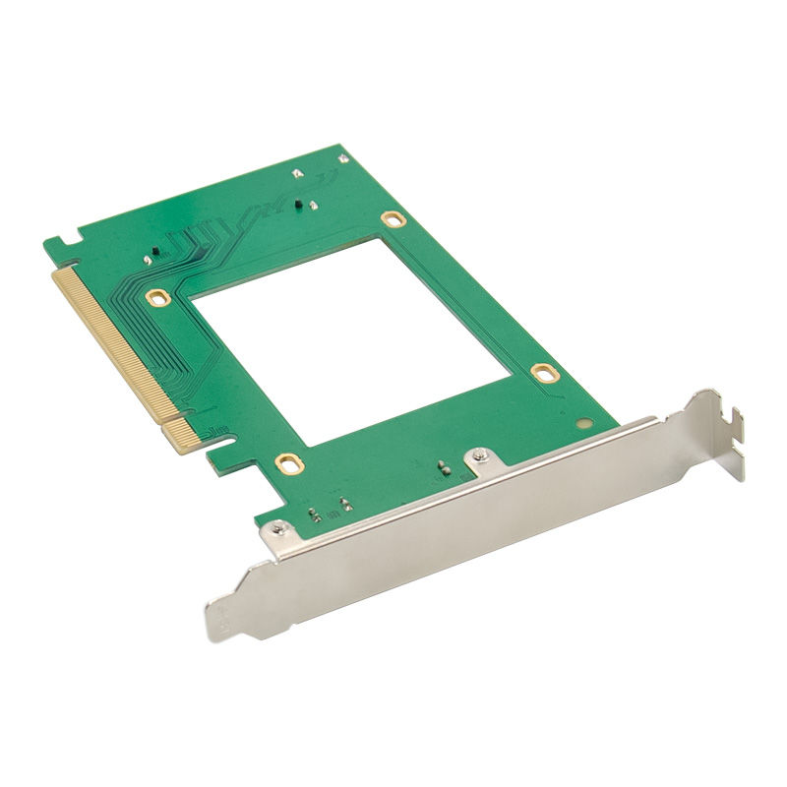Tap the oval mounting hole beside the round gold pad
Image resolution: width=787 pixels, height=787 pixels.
[542, 372]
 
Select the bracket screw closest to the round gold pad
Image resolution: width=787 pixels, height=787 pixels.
[478, 455]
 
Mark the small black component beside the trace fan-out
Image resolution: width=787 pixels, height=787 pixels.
[152, 255]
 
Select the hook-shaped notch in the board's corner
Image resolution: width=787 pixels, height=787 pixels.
[65, 239]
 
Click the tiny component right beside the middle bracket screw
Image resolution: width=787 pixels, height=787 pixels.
[444, 468]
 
